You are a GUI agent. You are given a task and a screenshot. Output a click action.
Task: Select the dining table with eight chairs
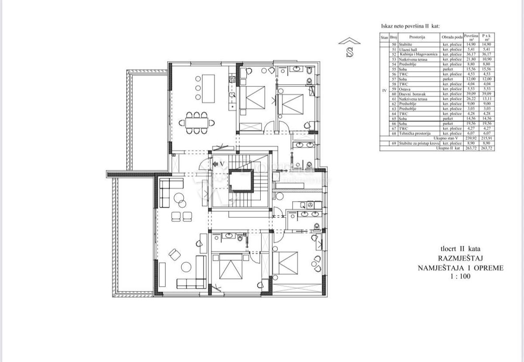(197, 123)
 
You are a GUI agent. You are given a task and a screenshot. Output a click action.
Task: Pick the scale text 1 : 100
(461, 276)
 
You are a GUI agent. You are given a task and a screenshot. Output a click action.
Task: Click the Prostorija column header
(417, 38)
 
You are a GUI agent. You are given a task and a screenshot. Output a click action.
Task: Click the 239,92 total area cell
(471, 138)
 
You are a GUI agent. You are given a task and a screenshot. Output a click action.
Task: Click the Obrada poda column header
(452, 38)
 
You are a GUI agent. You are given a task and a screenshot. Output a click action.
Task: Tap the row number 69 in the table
(393, 143)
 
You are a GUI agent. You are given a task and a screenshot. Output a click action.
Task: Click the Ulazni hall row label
(409, 50)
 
